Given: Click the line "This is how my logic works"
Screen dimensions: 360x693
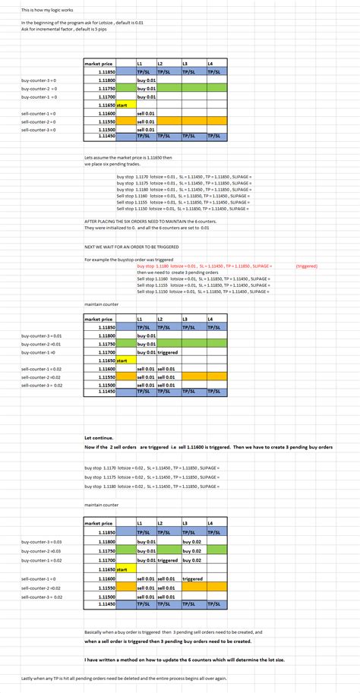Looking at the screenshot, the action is pyautogui.click(x=37, y=11).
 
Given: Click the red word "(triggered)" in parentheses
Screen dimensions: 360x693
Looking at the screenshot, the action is pyautogui.click(x=307, y=266).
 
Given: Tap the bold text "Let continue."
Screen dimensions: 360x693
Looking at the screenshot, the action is pyautogui.click(x=100, y=438).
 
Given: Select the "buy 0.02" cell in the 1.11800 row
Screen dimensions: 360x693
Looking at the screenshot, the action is pyautogui.click(x=193, y=542).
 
